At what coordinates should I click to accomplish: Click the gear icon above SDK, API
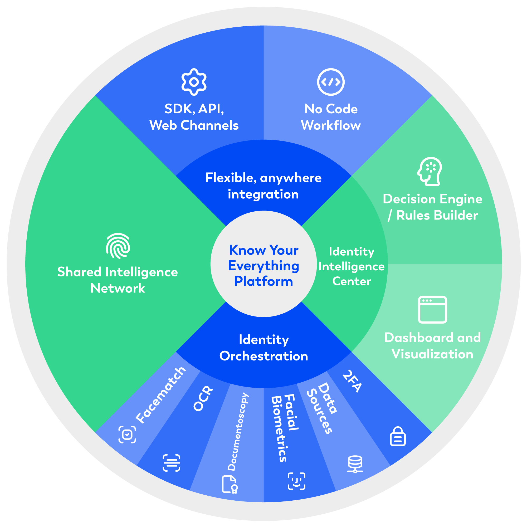click(194, 82)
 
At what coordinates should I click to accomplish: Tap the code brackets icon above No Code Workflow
click(331, 82)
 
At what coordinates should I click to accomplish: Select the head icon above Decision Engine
click(430, 171)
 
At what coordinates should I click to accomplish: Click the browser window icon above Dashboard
click(432, 310)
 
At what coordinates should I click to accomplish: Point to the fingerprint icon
click(118, 246)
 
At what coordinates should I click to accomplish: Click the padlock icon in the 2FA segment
click(398, 436)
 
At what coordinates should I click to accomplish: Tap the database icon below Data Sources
click(355, 464)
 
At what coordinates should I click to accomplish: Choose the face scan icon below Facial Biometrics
click(296, 481)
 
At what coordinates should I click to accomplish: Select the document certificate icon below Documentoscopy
click(230, 484)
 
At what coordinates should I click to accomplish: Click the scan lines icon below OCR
click(171, 463)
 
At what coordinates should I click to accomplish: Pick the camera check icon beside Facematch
click(127, 434)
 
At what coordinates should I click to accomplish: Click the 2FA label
click(352, 381)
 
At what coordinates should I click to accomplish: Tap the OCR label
click(203, 399)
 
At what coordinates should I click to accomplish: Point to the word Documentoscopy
click(238, 432)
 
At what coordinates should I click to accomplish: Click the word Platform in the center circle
click(263, 281)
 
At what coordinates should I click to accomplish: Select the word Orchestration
click(263, 356)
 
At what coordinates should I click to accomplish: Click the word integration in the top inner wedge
click(263, 194)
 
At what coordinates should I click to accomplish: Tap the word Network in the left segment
click(118, 288)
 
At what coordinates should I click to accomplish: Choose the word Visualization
click(432, 354)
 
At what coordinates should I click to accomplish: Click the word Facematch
click(161, 396)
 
